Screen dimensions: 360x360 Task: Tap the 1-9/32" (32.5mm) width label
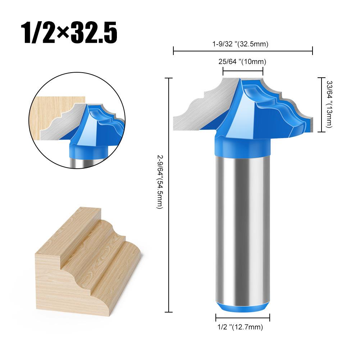coord(243,44)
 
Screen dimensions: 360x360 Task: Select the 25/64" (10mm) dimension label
coord(243,61)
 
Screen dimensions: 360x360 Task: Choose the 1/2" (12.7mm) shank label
coord(242,327)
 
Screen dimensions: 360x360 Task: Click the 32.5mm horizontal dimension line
coord(243,52)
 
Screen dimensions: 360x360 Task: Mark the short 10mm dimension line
coord(243,71)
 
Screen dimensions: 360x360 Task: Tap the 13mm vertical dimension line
coord(321,104)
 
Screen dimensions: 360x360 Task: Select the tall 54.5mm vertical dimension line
coord(169,194)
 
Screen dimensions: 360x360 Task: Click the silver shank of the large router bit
coord(243,230)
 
